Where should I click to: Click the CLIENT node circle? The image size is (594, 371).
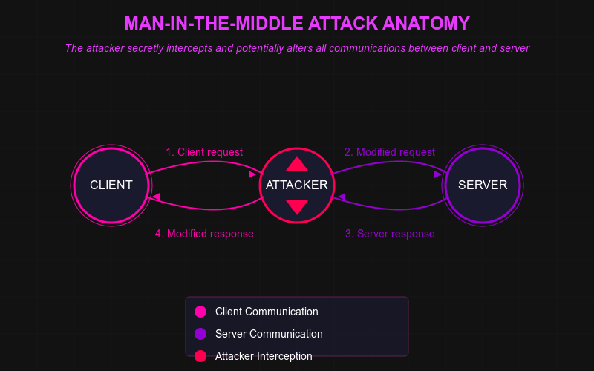point(111,185)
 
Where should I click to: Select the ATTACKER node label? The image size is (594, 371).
point(297,185)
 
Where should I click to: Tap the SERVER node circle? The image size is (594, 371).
point(483,185)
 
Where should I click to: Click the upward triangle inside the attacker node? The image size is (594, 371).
point(297,165)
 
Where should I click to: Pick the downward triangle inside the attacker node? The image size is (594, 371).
point(297,207)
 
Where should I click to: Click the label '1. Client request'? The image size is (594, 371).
point(204,152)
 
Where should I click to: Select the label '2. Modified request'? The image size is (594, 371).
point(390,152)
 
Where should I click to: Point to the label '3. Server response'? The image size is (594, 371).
point(390,234)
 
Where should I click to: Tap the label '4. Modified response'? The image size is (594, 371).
point(204,234)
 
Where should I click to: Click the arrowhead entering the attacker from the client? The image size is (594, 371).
point(252,174)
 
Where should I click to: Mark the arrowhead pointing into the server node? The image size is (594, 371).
point(438,174)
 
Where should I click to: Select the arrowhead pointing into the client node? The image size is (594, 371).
point(156,197)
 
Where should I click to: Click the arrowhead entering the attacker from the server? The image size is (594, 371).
point(342,197)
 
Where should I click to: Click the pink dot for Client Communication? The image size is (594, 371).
point(200,312)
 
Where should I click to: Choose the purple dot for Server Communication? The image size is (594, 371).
point(200,334)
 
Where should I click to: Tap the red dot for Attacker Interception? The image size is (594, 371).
point(200,356)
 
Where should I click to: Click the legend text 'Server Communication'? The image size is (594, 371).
point(269,334)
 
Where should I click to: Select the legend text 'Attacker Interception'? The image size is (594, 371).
point(264,356)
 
